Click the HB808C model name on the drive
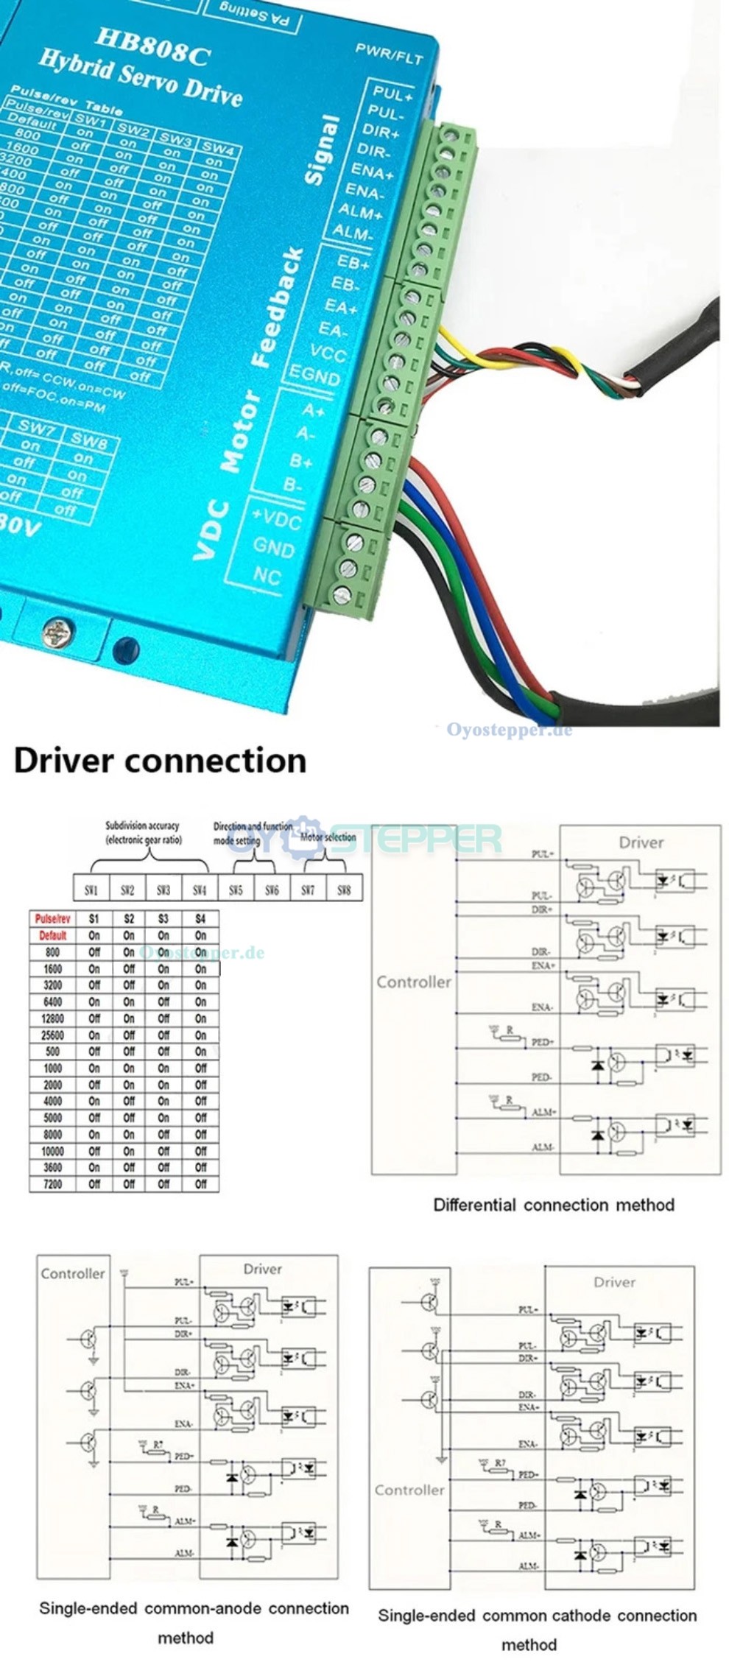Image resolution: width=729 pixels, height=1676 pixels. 152,49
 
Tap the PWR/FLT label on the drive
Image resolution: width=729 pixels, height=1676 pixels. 389,53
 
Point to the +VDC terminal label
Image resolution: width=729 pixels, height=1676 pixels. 277,518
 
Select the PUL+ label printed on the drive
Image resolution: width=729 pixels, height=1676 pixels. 392,94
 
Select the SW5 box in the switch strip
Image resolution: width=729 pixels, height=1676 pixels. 236,890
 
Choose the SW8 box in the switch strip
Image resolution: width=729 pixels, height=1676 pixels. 344,890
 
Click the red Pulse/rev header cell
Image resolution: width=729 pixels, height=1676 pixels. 52,919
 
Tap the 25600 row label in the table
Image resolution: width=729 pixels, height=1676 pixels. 52,1035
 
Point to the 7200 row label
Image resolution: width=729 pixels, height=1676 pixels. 52,1184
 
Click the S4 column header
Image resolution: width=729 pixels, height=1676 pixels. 200,919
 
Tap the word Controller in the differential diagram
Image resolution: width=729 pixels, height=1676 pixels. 413,982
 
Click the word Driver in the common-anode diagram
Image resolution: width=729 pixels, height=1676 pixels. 263,1269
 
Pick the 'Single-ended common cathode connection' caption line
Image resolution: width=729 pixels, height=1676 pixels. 537,1616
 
